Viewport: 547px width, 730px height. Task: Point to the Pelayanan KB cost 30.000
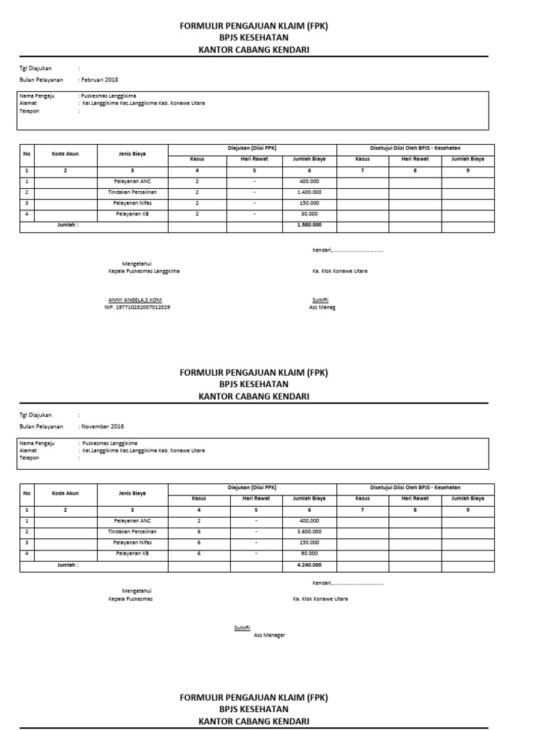click(x=309, y=214)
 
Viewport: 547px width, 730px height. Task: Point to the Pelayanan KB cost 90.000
click(x=309, y=553)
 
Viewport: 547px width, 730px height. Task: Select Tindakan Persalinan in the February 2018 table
click(x=132, y=192)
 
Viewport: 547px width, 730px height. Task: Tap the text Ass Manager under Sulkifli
click(x=269, y=634)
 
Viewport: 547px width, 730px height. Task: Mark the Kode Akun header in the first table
click(x=65, y=153)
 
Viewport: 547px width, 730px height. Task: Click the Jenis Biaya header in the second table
click(x=132, y=493)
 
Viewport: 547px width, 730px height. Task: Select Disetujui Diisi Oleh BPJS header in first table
click(x=415, y=148)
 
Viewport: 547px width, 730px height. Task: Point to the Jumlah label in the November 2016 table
click(x=68, y=565)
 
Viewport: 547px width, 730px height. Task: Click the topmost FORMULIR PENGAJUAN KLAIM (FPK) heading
click(x=254, y=26)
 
